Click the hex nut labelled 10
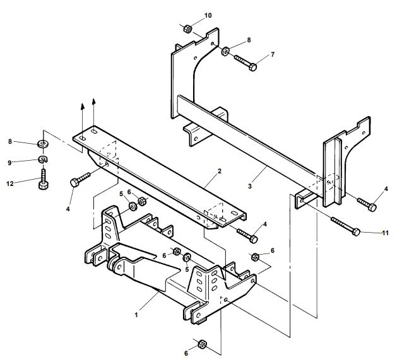point(187,28)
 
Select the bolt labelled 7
point(245,63)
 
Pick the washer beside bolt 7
point(225,50)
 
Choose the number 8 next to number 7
point(249,40)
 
